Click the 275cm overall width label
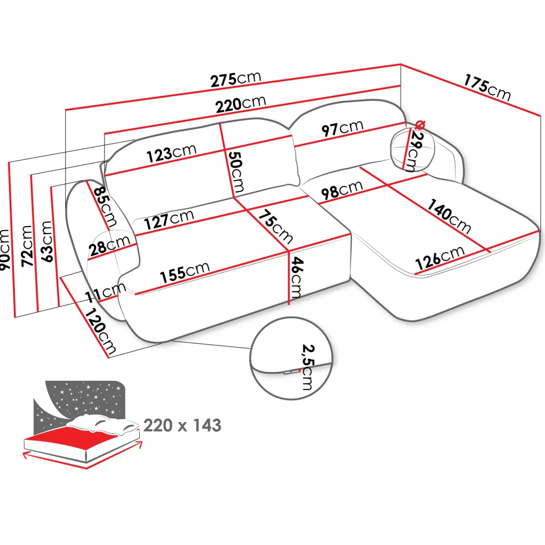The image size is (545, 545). (236, 79)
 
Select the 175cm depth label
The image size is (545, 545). (487, 88)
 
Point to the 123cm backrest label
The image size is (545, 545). (171, 153)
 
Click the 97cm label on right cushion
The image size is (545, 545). (342, 128)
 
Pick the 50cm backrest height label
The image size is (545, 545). (236, 172)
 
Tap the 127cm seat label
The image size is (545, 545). (169, 220)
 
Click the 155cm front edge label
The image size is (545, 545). (184, 272)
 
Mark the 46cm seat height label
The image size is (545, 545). (296, 277)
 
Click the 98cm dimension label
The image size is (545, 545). (342, 190)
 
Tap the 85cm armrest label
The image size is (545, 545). (105, 206)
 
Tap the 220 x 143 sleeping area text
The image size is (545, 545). (182, 425)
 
